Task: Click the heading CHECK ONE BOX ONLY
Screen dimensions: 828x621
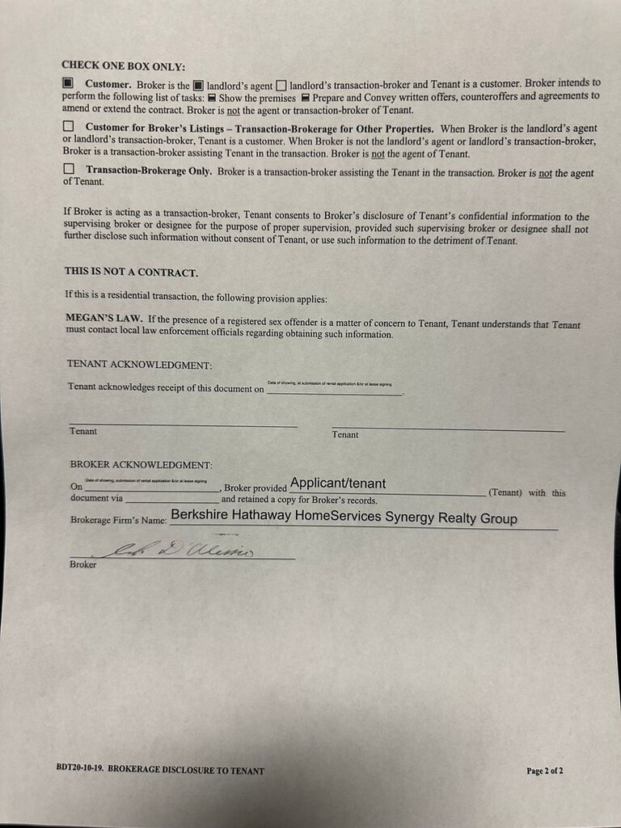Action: (x=123, y=65)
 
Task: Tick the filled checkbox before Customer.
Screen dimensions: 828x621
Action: (x=68, y=82)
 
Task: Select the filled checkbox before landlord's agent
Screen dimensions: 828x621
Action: (x=197, y=84)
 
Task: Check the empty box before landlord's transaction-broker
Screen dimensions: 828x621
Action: (x=281, y=84)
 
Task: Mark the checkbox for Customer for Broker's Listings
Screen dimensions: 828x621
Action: (x=68, y=126)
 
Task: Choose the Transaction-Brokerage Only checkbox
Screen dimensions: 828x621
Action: (x=68, y=169)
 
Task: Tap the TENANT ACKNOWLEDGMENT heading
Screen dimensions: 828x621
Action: (x=139, y=365)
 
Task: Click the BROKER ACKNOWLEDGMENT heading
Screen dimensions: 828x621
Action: (x=141, y=465)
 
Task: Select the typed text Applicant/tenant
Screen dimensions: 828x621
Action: (x=338, y=484)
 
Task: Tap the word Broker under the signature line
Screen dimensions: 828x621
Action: (x=82, y=564)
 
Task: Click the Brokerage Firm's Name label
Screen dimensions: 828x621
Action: (x=118, y=520)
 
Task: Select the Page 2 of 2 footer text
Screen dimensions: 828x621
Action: (x=544, y=771)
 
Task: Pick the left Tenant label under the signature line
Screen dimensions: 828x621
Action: (x=83, y=431)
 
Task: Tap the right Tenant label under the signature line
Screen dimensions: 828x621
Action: (x=345, y=434)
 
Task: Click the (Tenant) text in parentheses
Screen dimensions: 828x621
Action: (x=505, y=492)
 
